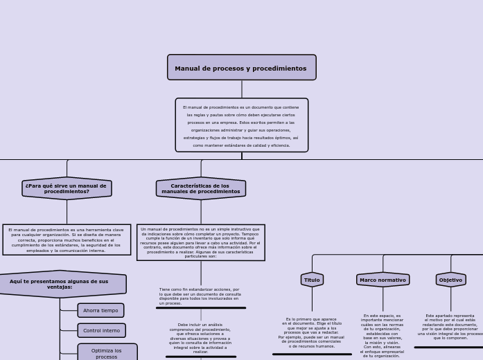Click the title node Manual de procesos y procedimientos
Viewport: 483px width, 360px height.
pyautogui.click(x=241, y=68)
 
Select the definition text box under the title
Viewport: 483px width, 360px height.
pyautogui.click(x=241, y=125)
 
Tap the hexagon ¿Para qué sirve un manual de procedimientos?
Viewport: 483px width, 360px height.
pyautogui.click(x=67, y=188)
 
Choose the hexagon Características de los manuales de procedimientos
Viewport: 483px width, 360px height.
pyautogui.click(x=201, y=188)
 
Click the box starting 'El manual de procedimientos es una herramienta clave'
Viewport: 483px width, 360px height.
pyautogui.click(x=67, y=240)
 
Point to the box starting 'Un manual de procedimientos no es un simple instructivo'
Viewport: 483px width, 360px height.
pyautogui.click(x=200, y=242)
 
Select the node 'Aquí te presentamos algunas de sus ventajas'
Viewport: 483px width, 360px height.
pyautogui.click(x=60, y=284)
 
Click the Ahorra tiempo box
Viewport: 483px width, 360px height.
pyautogui.click(x=100, y=310)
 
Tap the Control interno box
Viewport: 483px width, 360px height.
pyautogui.click(x=101, y=330)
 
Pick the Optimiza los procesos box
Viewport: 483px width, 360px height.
pyautogui.click(x=107, y=353)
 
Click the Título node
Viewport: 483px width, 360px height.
pyautogui.click(x=312, y=280)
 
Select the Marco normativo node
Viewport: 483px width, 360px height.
pyautogui.click(x=383, y=280)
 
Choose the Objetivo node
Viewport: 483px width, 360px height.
pyautogui.click(x=450, y=280)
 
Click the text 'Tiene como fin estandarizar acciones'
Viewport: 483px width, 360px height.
pyautogui.click(x=200, y=296)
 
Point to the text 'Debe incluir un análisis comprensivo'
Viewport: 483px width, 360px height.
pyautogui.click(x=200, y=338)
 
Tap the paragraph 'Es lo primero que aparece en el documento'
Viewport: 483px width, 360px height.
pyautogui.click(x=312, y=332)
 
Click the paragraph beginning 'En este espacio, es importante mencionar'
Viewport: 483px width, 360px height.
pyautogui.click(x=382, y=335)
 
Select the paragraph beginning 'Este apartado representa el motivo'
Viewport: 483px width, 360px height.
pyautogui.click(x=450, y=326)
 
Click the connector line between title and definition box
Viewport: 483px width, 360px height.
pyautogui.click(x=242, y=89)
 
